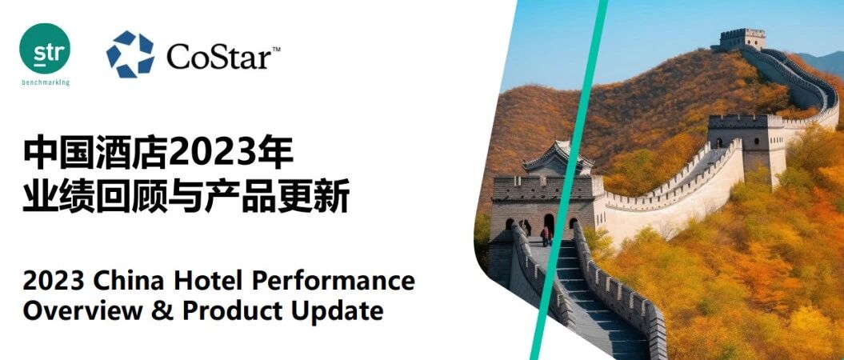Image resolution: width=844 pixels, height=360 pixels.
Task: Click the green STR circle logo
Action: (45, 49)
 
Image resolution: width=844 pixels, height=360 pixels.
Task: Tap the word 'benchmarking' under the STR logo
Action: (46, 83)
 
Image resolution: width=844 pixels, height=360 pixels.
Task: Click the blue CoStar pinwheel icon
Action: (130, 54)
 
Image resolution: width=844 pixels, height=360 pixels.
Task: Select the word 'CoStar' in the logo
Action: (218, 56)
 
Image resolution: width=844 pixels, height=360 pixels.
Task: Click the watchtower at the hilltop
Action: (743, 39)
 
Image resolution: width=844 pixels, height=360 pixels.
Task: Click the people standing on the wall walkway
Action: (546, 234)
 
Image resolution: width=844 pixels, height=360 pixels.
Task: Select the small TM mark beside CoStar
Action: (275, 50)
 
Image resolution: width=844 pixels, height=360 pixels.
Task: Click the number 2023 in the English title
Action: (54, 281)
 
